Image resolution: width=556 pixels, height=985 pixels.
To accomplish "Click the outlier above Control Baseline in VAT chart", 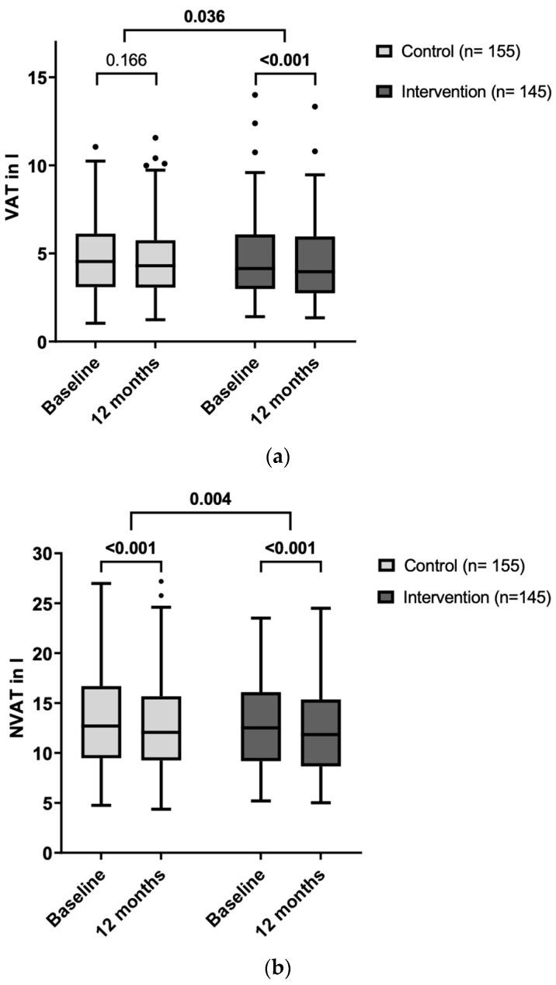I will coord(96,147).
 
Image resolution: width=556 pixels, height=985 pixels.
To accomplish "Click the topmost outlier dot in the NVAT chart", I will coord(161,581).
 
